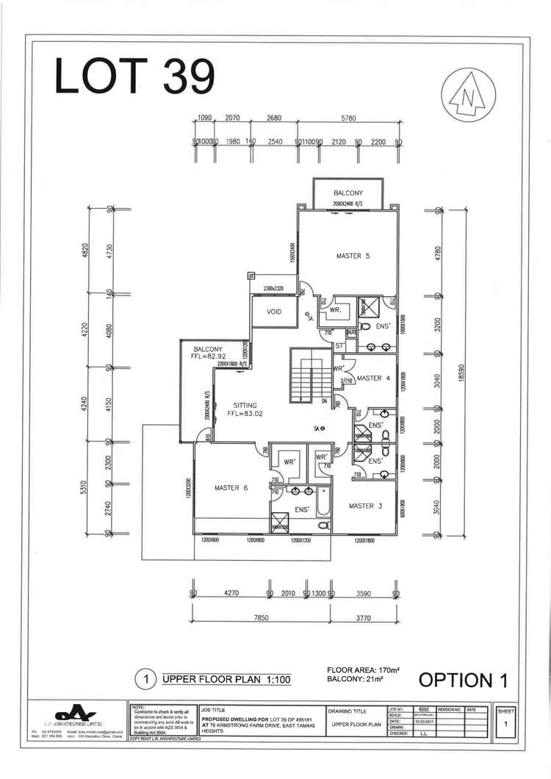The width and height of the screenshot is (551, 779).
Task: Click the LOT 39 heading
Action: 135,76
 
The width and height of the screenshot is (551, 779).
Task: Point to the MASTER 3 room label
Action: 365,506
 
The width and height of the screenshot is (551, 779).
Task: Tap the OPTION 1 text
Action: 463,680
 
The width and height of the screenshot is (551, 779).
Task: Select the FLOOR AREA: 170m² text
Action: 362,670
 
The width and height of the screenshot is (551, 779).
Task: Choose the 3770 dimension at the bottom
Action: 363,620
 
